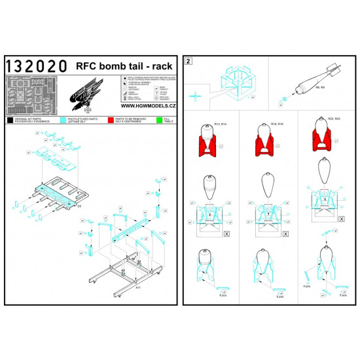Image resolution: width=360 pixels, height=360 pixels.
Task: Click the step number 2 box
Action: pyautogui.click(x=189, y=62)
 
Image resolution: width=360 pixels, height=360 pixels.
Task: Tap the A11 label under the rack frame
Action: pyautogui.click(x=138, y=287)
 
